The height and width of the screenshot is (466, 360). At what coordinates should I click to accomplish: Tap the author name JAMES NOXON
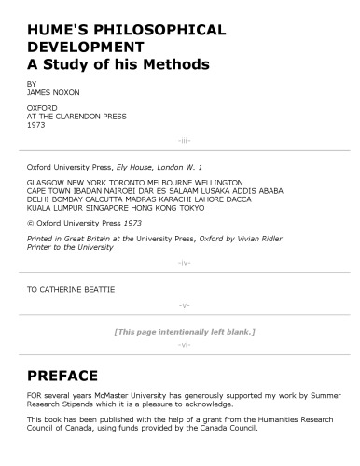coord(53,91)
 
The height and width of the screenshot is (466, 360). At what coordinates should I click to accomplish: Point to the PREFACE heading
coord(63,377)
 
